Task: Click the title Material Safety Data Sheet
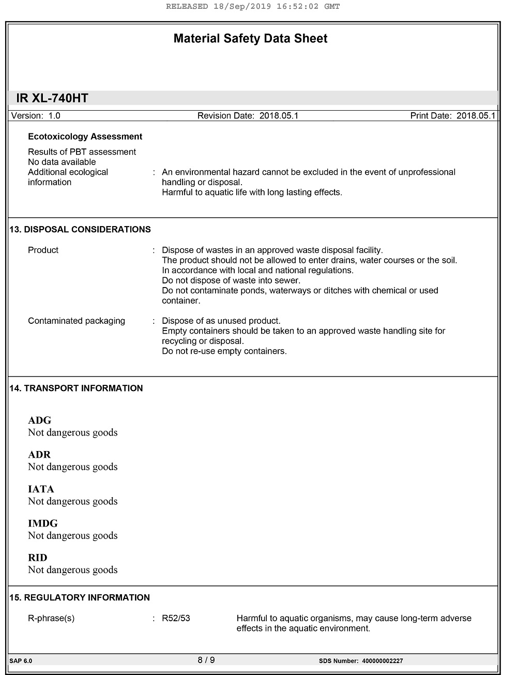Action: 250,39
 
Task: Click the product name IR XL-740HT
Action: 52,98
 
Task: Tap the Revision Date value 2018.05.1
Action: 279,116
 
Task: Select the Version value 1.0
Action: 54,116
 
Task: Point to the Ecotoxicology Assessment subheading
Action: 85,137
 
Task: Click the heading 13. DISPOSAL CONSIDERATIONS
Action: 80,230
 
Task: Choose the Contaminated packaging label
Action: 77,321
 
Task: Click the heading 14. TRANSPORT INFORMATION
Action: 76,388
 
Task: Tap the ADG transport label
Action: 40,421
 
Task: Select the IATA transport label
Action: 41,489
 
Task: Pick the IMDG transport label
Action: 43,523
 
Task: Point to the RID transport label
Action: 38,558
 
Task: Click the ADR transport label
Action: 39,455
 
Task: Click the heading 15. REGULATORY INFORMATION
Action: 80,597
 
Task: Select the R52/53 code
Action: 176,619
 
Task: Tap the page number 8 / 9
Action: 206,660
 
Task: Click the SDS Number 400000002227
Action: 382,661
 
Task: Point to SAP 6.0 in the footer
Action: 21,661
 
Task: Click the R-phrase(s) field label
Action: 51,619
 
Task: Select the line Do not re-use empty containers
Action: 224,351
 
